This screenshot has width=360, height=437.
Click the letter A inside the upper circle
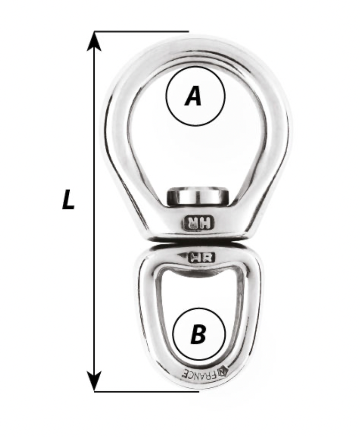click(x=193, y=96)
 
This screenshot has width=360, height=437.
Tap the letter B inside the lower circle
click(x=198, y=333)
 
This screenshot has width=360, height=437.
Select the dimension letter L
click(x=68, y=199)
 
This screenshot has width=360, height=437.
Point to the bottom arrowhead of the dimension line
click(x=94, y=381)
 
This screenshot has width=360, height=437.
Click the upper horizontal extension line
click(x=141, y=31)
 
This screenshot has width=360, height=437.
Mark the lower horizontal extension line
click(x=147, y=391)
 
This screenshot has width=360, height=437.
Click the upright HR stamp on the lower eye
click(x=201, y=258)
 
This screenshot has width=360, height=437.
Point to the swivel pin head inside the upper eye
click(x=198, y=197)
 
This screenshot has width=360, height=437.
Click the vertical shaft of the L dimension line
click(x=94, y=211)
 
